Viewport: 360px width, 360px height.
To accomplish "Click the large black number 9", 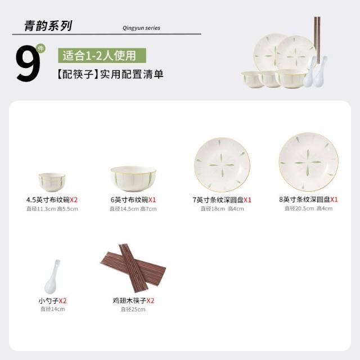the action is click(x=28, y=63).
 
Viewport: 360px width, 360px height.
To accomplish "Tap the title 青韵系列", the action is click(x=48, y=25).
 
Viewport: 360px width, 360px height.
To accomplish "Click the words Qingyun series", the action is click(x=141, y=28).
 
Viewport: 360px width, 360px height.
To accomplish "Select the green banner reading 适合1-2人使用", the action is click(x=102, y=56).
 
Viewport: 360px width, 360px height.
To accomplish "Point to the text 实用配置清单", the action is click(x=132, y=74).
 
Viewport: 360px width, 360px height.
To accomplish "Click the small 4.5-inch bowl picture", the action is click(x=52, y=182).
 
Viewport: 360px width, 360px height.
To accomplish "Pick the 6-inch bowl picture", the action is click(x=133, y=179).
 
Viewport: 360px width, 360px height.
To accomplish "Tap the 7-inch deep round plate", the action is click(x=222, y=165).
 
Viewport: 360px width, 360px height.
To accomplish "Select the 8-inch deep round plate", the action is click(x=308, y=162).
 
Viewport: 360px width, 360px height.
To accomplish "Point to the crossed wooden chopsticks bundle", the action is click(x=133, y=268).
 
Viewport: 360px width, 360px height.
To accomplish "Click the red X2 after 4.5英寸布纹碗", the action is click(x=74, y=200).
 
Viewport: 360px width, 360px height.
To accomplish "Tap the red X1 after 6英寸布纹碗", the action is click(x=152, y=200).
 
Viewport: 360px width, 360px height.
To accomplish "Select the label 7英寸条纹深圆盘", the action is click(x=218, y=200).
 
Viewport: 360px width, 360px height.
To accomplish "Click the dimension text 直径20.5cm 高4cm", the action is click(x=308, y=209).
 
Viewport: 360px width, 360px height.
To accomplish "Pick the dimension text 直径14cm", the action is click(x=52, y=309).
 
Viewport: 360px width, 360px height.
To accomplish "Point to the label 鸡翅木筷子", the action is click(x=129, y=300).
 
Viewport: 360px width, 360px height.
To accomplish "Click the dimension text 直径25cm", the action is click(x=133, y=309).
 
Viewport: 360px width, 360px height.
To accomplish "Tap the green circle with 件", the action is click(x=41, y=49).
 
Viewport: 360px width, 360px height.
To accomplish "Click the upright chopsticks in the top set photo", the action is click(x=317, y=40).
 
